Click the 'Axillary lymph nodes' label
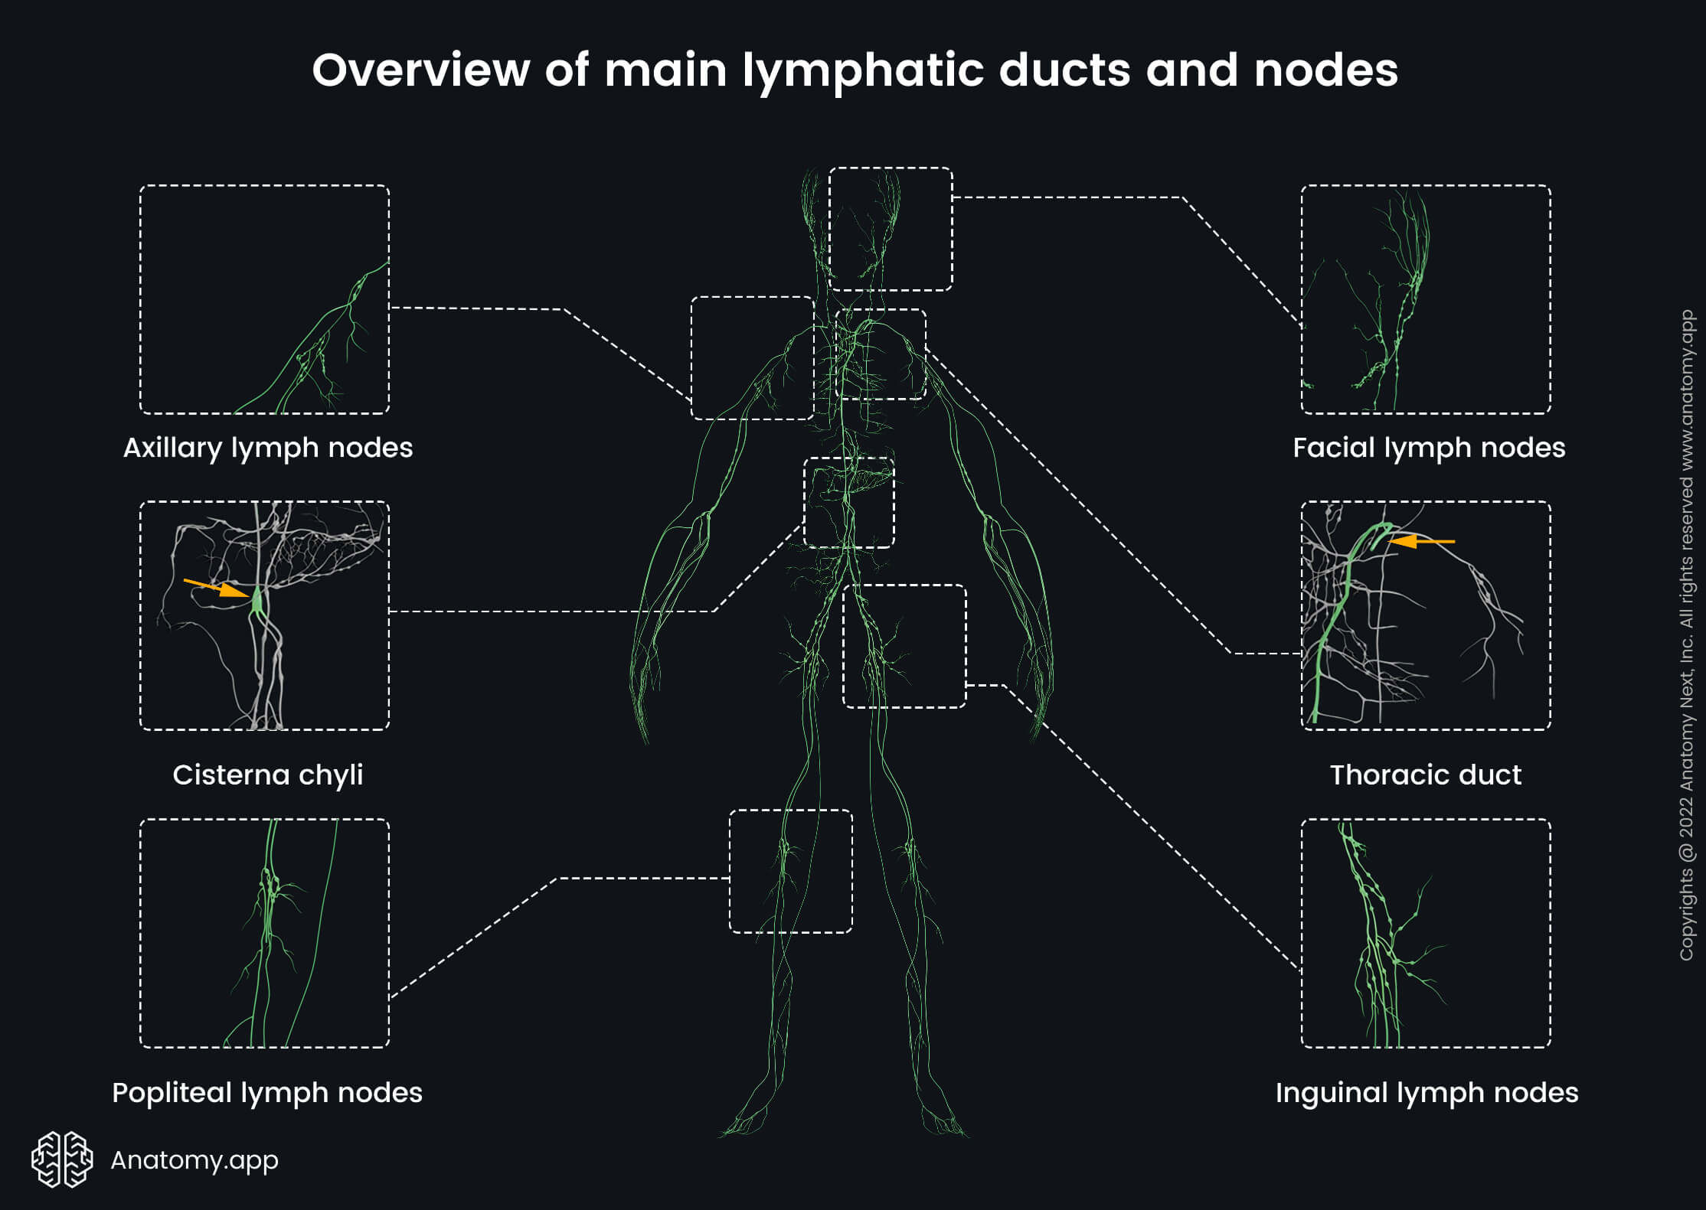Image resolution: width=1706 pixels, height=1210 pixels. pyautogui.click(x=268, y=448)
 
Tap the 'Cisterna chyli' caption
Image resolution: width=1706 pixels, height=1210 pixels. pyautogui.click(x=268, y=775)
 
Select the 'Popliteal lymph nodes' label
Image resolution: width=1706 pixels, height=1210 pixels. pyautogui.click(x=267, y=1093)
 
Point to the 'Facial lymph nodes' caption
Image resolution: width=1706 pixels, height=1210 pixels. pyautogui.click(x=1429, y=448)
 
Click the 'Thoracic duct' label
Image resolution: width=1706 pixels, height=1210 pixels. pyautogui.click(x=1425, y=775)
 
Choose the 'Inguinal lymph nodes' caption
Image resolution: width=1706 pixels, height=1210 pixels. pyautogui.click(x=1427, y=1093)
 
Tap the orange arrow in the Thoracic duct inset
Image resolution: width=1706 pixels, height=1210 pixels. pyautogui.click(x=1420, y=542)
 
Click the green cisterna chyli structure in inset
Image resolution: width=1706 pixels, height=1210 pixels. pyautogui.click(x=257, y=601)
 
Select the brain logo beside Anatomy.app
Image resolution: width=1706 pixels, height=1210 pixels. pyautogui.click(x=62, y=1159)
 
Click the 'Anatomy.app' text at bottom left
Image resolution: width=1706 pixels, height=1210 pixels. pyautogui.click(x=194, y=1160)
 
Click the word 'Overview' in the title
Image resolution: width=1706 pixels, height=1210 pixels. pyautogui.click(x=420, y=70)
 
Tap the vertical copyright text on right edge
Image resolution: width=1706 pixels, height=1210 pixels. pyautogui.click(x=1686, y=635)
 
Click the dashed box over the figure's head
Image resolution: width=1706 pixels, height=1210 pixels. pyautogui.click(x=891, y=229)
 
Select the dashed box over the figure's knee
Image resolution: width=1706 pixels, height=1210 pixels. pyautogui.click(x=790, y=871)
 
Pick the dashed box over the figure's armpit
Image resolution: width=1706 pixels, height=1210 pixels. pyautogui.click(x=752, y=358)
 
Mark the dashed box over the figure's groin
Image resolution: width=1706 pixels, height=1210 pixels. pyautogui.click(x=904, y=646)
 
